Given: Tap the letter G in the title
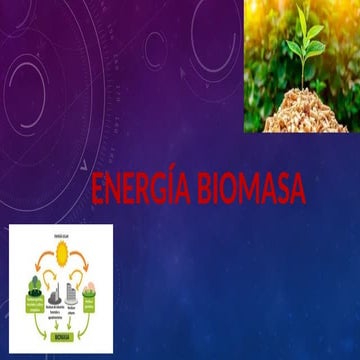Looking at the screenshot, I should coord(152,189).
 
